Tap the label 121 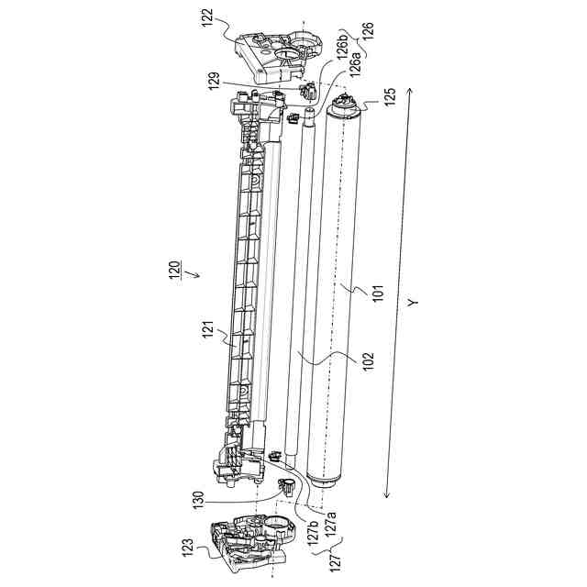[x=208, y=333]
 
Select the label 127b [x=312, y=533]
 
